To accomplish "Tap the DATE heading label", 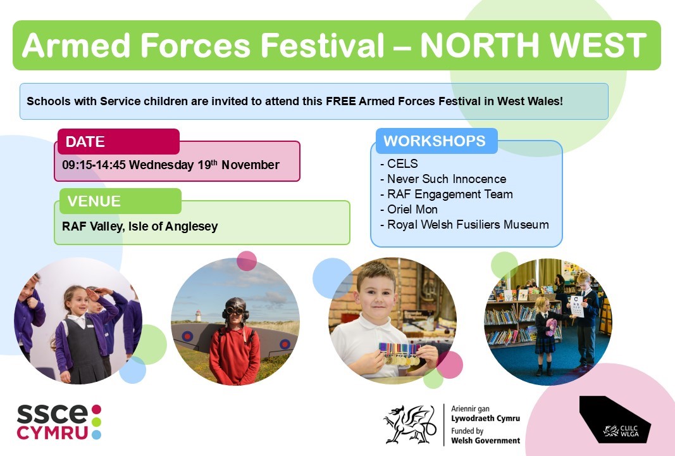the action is [x=85, y=141].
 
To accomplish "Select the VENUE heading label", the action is [x=94, y=201].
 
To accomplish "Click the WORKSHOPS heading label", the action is [x=435, y=141].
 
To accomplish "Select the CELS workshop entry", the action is [x=402, y=164].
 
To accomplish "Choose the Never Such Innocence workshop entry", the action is [x=447, y=179].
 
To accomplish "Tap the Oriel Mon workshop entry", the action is [x=412, y=210].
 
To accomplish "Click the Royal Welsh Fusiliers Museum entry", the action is [x=468, y=225].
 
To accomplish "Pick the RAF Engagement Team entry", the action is [x=450, y=194].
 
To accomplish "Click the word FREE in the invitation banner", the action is [x=340, y=101].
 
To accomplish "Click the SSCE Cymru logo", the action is [x=59, y=422].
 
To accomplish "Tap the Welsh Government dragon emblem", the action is [x=410, y=424].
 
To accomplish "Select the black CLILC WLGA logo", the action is [x=614, y=419].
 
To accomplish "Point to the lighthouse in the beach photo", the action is [x=198, y=315].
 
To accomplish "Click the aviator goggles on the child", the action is [x=235, y=311].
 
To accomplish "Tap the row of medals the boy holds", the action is [x=399, y=353].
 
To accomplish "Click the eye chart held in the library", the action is [x=577, y=306].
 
